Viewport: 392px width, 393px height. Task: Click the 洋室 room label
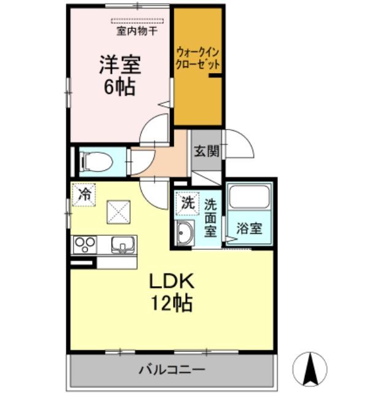click(120, 65)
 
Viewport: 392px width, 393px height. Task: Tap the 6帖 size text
click(120, 87)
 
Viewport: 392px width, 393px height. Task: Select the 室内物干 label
click(137, 31)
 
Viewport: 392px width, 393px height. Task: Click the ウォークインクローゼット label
click(198, 59)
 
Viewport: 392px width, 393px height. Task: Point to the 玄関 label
click(207, 151)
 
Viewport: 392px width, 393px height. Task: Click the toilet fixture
click(96, 161)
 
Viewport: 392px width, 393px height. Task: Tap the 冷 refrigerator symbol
click(84, 195)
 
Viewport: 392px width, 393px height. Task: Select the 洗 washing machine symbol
click(188, 203)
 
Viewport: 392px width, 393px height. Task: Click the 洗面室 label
click(210, 218)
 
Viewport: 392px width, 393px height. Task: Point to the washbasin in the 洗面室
click(185, 233)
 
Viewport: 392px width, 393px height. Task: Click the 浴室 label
click(249, 228)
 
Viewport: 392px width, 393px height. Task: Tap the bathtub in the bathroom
click(249, 197)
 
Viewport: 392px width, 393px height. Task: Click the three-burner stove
click(85, 244)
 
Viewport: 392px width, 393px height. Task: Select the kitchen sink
click(123, 245)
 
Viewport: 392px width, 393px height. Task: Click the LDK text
click(172, 282)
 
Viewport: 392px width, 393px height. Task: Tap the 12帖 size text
click(171, 303)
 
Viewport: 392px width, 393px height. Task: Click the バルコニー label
click(172, 370)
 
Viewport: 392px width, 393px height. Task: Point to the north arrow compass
click(310, 368)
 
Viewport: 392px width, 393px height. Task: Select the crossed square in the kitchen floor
click(118, 212)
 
